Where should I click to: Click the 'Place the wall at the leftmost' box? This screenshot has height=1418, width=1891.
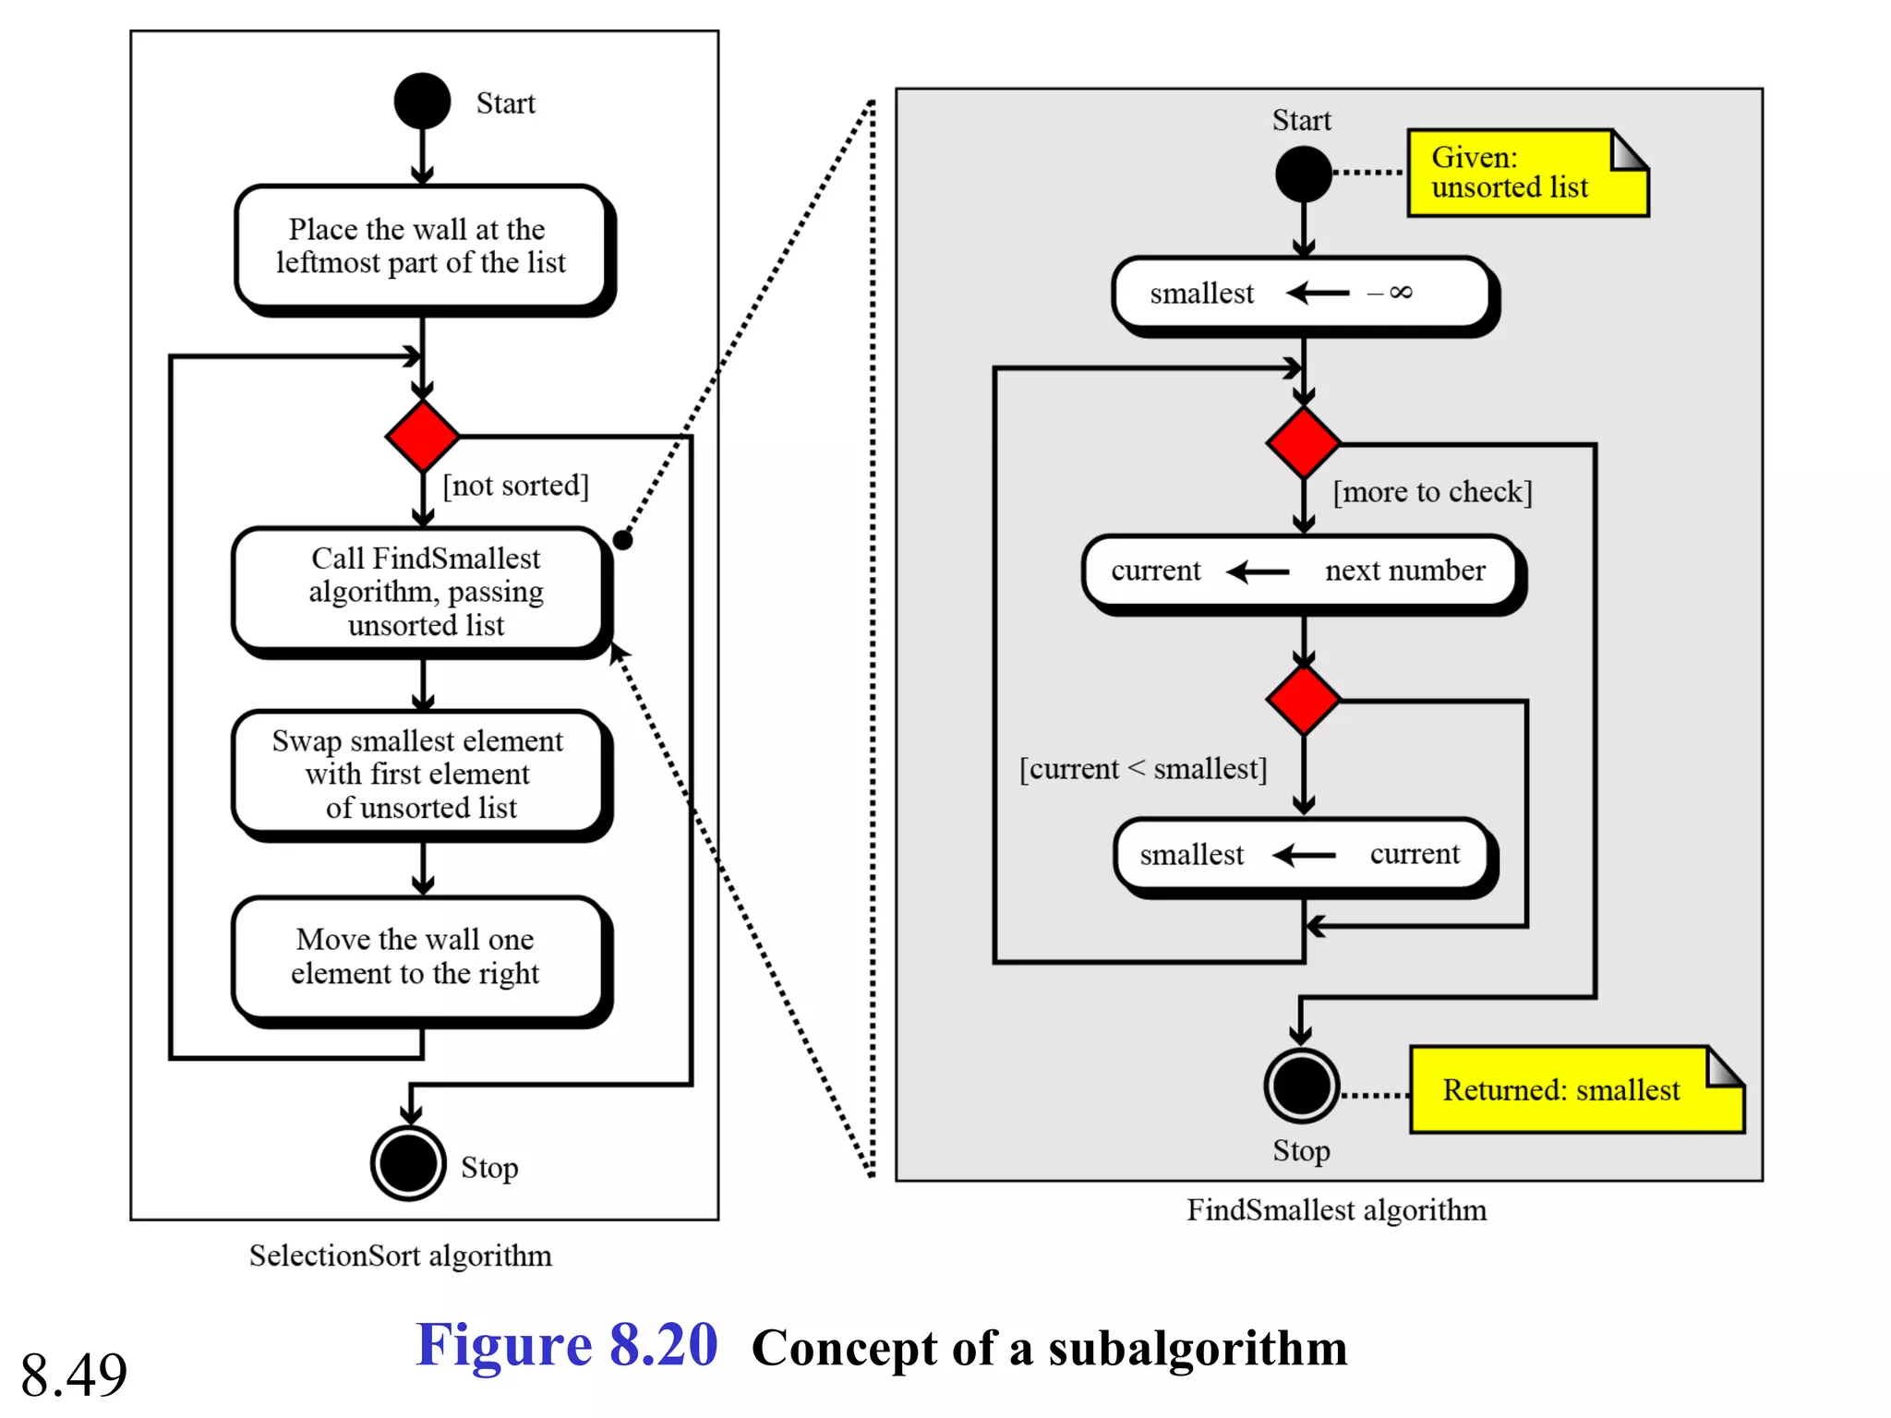tap(421, 246)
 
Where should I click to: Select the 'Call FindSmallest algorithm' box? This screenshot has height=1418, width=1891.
tap(423, 591)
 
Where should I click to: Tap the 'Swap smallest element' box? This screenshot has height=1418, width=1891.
tap(419, 774)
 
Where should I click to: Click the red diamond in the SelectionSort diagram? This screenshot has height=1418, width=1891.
tap(423, 436)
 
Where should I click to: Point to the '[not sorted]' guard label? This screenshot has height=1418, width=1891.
tap(515, 486)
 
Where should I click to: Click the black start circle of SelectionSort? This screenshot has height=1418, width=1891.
tap(422, 102)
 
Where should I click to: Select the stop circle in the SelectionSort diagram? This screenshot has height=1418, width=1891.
tap(408, 1163)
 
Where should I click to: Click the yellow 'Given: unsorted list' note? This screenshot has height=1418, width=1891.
tap(1524, 173)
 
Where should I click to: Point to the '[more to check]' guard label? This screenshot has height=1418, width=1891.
tap(1432, 492)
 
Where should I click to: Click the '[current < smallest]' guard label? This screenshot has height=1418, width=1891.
tap(1143, 769)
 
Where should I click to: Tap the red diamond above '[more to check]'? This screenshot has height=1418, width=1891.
tap(1303, 443)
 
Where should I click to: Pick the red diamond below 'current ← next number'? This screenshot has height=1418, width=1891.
tap(1303, 700)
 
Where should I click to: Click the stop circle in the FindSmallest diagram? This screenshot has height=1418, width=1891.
tap(1301, 1086)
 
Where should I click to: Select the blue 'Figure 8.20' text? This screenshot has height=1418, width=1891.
tap(566, 1345)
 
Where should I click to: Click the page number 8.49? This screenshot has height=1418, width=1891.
tap(74, 1375)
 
